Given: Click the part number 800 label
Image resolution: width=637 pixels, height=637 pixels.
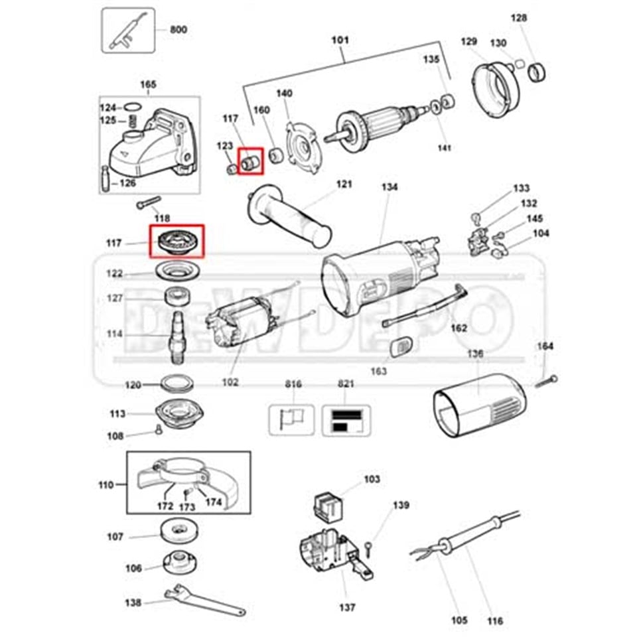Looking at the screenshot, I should (178, 30).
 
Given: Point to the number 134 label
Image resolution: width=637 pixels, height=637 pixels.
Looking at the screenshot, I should (389, 188).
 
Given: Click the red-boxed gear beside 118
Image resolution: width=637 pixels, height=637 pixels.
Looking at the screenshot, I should (177, 241).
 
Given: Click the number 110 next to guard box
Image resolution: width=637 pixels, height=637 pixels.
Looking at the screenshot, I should (106, 485).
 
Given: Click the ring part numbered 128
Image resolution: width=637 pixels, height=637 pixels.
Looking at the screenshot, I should (537, 72).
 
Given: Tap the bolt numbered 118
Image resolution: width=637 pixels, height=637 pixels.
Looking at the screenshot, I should (149, 203).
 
